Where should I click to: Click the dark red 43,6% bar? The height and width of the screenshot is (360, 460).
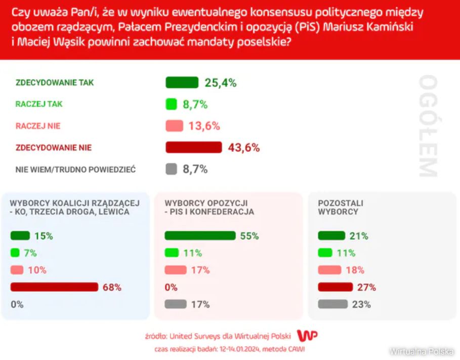click(194, 147)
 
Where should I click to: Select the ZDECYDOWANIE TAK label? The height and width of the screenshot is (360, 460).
click(55, 83)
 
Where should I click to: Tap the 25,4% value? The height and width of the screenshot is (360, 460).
click(221, 83)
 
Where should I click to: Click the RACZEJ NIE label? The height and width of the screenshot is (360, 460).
click(38, 126)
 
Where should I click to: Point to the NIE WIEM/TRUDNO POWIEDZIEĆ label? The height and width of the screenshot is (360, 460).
click(75, 170)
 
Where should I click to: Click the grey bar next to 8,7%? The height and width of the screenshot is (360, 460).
click(172, 170)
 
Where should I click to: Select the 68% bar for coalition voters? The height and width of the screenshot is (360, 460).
click(54, 287)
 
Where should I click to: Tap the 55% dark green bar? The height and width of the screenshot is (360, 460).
click(200, 236)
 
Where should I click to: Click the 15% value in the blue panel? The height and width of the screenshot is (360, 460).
click(44, 236)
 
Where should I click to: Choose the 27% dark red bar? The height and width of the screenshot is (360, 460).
click(335, 287)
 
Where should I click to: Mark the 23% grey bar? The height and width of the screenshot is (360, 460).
click(332, 304)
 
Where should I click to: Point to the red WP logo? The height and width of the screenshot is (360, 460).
click(307, 335)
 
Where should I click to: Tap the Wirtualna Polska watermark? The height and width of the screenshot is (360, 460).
click(421, 351)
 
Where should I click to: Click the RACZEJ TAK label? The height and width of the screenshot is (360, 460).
click(39, 104)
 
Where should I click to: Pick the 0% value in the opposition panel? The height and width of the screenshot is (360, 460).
click(171, 287)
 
